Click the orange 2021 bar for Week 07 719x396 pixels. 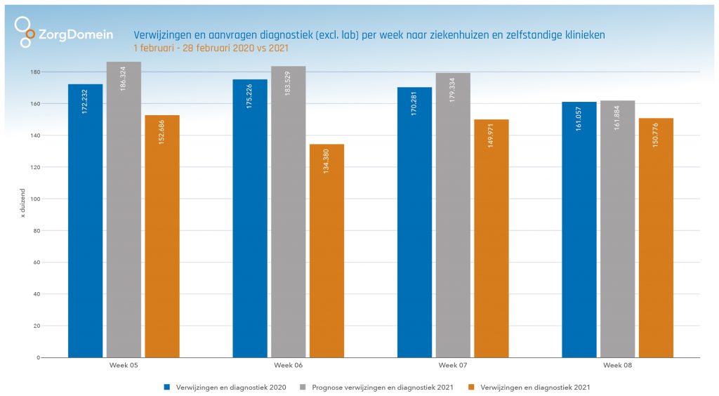coord(491,239)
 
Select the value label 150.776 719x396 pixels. coord(656,137)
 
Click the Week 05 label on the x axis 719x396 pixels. coord(124,366)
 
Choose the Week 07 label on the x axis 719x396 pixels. coord(453,366)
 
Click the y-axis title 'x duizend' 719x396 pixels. coord(23,204)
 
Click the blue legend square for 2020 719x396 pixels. coord(166,387)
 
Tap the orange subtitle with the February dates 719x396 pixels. coord(211,48)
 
